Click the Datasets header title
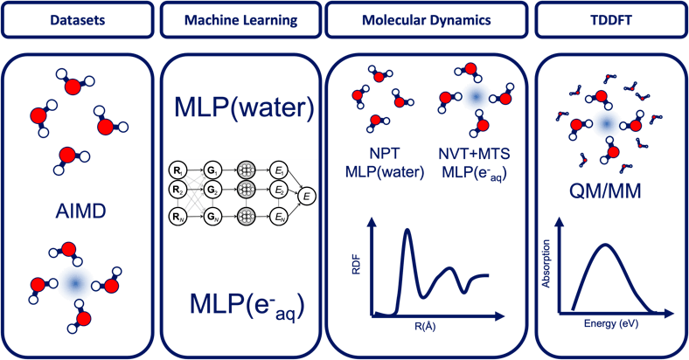74,18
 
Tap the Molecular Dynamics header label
425,18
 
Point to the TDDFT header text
609,18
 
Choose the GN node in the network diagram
212,215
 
